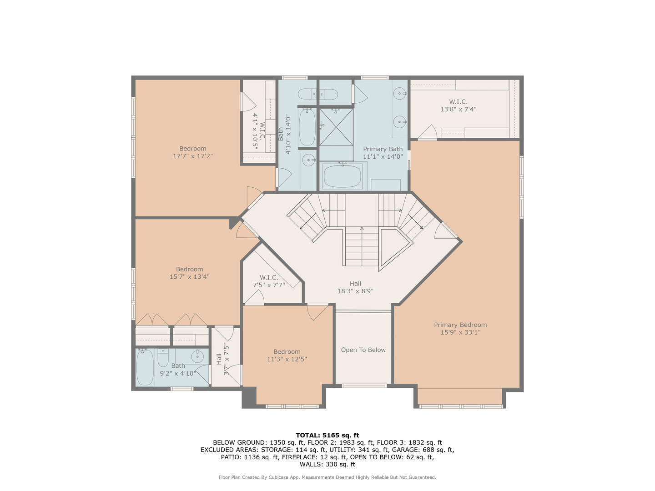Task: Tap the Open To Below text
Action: pyautogui.click(x=363, y=350)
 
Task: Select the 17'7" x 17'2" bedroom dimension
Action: pyautogui.click(x=192, y=156)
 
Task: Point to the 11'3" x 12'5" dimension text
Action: pyautogui.click(x=287, y=359)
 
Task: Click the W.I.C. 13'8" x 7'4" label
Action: pyautogui.click(x=458, y=105)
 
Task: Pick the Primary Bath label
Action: pyautogui.click(x=383, y=149)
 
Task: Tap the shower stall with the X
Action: pyautogui.click(x=336, y=127)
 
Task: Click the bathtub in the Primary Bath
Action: pyautogui.click(x=342, y=176)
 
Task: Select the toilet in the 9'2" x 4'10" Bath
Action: pyautogui.click(x=163, y=357)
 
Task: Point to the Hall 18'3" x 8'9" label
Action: pyautogui.click(x=355, y=287)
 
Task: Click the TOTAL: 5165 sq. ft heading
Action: pyautogui.click(x=327, y=435)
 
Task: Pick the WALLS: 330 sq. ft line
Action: pyautogui.click(x=327, y=464)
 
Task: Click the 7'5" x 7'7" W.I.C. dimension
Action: pyautogui.click(x=269, y=285)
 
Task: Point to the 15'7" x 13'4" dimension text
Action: pyautogui.click(x=190, y=277)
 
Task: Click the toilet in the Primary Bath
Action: pyautogui.click(x=318, y=95)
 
